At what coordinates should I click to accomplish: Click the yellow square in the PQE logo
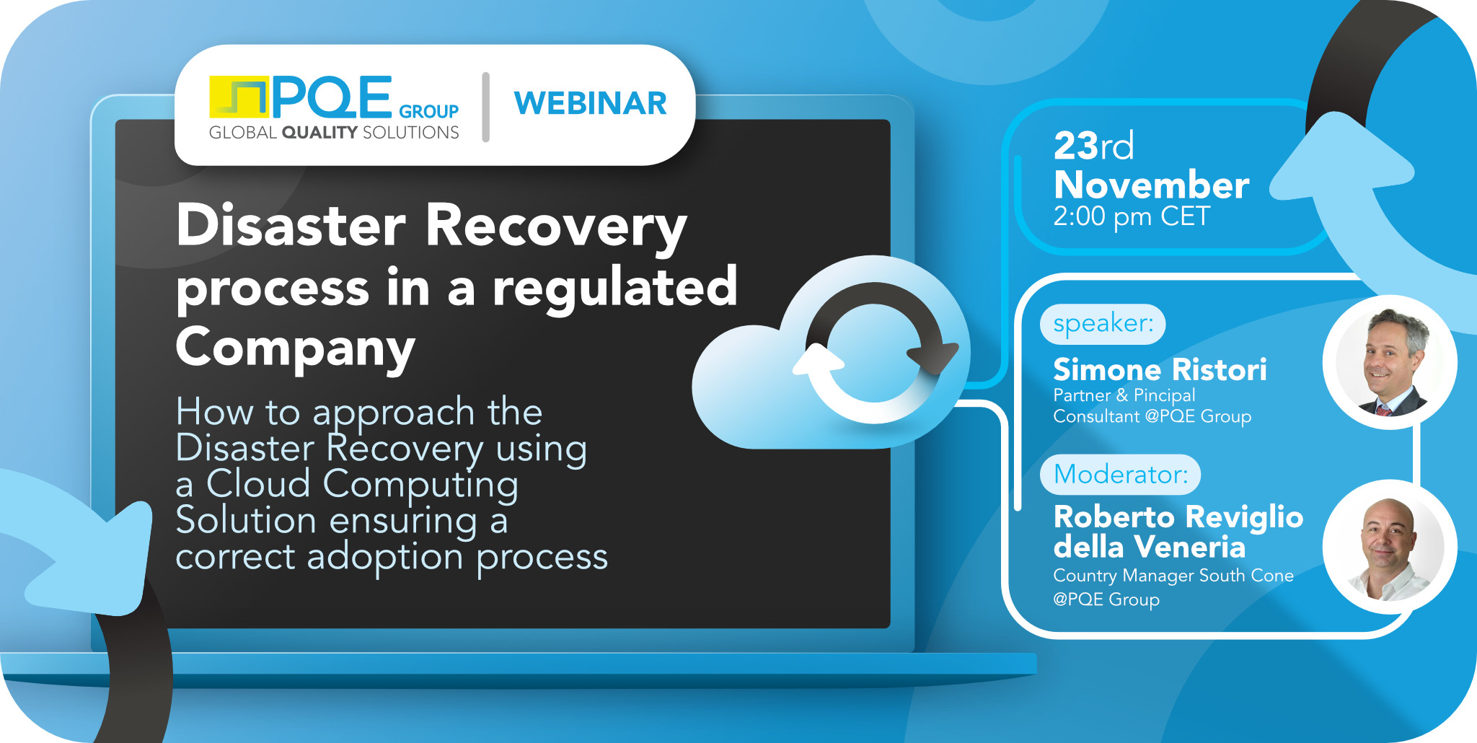[x=238, y=97]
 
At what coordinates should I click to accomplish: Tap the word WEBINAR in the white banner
[x=590, y=104]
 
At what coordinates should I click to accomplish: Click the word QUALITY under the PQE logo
[x=319, y=133]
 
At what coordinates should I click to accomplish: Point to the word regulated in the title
[x=615, y=287]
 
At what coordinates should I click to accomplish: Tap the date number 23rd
[x=1093, y=146]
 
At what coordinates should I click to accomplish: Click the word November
[x=1151, y=185]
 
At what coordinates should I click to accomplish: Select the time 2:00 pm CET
[x=1131, y=216]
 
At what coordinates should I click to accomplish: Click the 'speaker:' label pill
[x=1103, y=324]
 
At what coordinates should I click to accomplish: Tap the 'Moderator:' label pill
[x=1120, y=475]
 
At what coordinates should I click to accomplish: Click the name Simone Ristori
[x=1160, y=370]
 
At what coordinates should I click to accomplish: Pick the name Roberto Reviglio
[x=1178, y=517]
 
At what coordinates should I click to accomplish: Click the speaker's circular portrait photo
[x=1390, y=362]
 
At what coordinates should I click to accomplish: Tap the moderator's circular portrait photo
[x=1390, y=548]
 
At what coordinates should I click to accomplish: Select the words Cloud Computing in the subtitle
[x=362, y=484]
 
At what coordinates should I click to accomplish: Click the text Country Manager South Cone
[x=1173, y=576]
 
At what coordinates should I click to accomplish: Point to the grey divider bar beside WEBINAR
[x=486, y=107]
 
